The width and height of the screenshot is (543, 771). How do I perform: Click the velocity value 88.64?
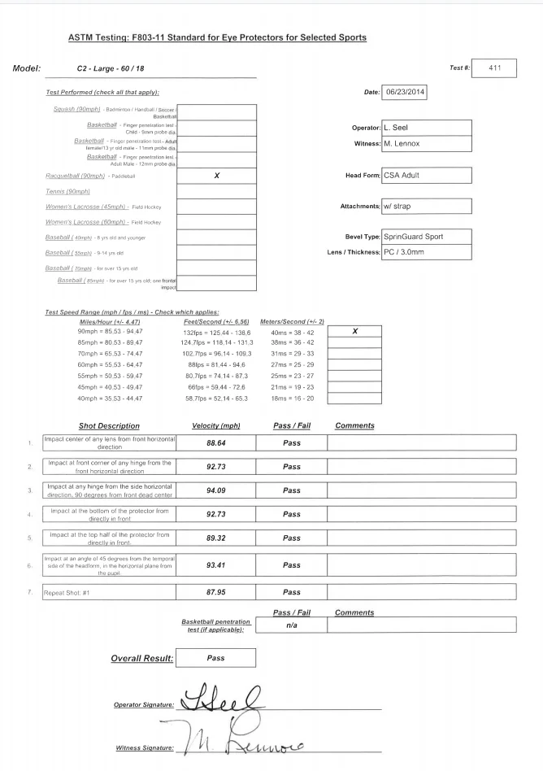coord(215,443)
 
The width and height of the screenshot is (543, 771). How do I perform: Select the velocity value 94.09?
coord(215,490)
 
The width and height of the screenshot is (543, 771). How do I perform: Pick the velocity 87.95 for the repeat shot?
coord(215,591)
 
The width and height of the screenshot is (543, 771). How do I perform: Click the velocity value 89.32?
coord(215,538)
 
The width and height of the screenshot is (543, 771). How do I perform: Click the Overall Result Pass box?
coord(215,657)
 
